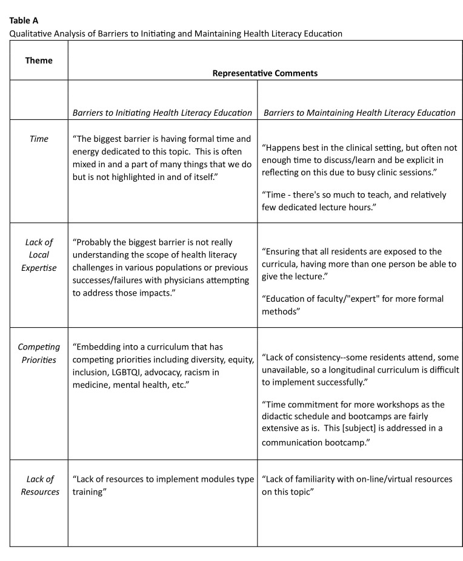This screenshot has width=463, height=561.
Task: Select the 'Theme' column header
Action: (38, 60)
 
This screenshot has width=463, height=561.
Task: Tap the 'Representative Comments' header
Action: (265, 73)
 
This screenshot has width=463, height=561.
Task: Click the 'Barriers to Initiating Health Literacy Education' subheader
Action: (162, 112)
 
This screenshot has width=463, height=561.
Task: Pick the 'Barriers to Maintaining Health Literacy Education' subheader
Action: (359, 112)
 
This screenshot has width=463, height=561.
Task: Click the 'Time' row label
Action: (38, 139)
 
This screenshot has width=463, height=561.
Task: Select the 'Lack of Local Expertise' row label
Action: (38, 255)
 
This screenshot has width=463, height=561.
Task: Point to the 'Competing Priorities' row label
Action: (38, 353)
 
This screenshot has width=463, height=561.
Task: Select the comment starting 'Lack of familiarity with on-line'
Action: (358, 485)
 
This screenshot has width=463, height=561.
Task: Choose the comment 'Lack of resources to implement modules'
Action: (162, 479)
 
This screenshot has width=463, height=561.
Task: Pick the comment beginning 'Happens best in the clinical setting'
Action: (359, 161)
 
